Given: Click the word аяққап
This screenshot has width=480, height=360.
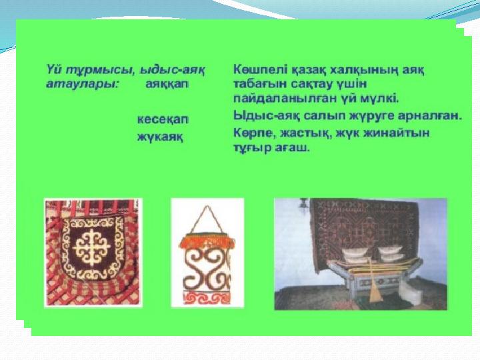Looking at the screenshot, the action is (x=167, y=84).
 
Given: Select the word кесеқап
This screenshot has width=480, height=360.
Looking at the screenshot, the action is (x=163, y=119).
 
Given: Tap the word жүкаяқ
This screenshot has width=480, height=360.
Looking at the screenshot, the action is (x=160, y=137).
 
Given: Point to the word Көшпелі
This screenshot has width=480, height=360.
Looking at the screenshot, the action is (x=259, y=70).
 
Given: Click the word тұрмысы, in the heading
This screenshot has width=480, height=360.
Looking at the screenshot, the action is (x=103, y=70).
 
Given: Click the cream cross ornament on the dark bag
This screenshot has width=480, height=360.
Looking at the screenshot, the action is (x=92, y=247).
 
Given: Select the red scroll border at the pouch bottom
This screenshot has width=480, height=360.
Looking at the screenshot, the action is (x=208, y=298).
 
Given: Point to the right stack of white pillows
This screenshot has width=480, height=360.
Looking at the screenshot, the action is (x=392, y=254).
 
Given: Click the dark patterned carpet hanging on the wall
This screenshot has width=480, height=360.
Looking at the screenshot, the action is (x=364, y=228).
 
